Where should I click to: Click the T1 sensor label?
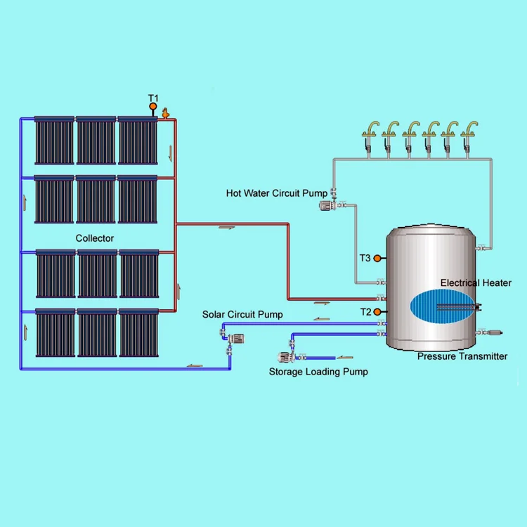pyautogui.click(x=152, y=98)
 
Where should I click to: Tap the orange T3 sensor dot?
pyautogui.click(x=377, y=259)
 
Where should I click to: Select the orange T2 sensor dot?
pyautogui.click(x=377, y=311)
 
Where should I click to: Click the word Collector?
pyautogui.click(x=95, y=238)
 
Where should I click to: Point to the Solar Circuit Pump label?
pyautogui.click(x=242, y=314)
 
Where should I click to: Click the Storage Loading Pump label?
pyautogui.click(x=318, y=372)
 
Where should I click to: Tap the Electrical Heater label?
pyautogui.click(x=476, y=282)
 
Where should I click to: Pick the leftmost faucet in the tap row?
pyautogui.click(x=369, y=132)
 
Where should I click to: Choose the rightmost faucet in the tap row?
pyautogui.click(x=468, y=132)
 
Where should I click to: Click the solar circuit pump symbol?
pyautogui.click(x=235, y=339)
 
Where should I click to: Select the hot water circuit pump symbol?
pyautogui.click(x=327, y=205)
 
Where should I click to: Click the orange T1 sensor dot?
pyautogui.click(x=152, y=108)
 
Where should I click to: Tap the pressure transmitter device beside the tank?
pyautogui.click(x=489, y=331)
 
